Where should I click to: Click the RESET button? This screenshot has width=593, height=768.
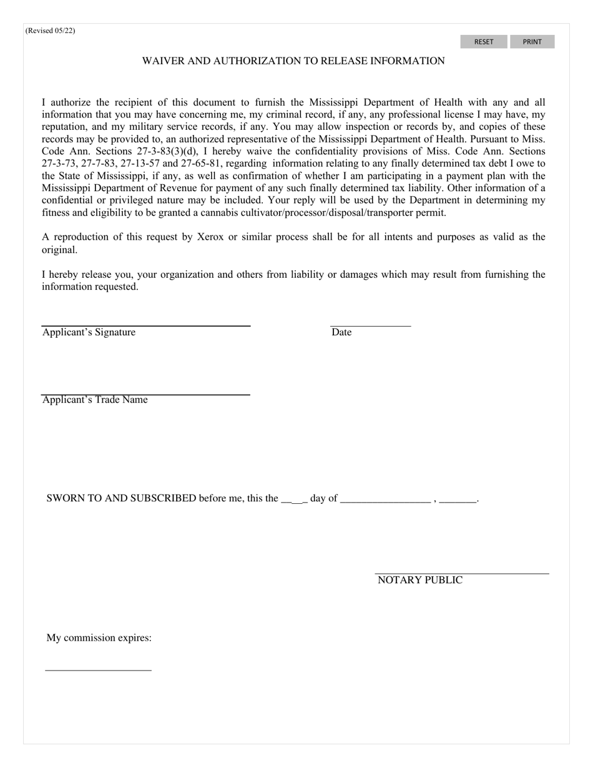point(484,42)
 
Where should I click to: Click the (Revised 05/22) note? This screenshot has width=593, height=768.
point(51,31)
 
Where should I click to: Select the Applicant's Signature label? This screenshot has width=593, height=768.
point(89,332)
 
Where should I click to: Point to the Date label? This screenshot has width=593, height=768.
point(341,332)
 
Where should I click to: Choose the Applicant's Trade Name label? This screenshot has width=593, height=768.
point(95,400)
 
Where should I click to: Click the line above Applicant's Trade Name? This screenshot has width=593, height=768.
point(145,395)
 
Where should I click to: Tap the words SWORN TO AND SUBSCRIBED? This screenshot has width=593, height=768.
point(121,498)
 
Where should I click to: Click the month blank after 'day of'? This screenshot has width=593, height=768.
point(386,500)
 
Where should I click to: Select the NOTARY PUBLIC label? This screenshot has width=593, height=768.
point(420,580)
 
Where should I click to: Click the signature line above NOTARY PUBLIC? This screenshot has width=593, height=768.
point(462,573)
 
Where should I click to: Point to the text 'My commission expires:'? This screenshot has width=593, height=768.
point(99,638)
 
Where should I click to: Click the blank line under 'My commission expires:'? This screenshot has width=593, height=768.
point(99,670)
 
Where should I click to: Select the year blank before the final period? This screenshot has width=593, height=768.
point(458,500)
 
